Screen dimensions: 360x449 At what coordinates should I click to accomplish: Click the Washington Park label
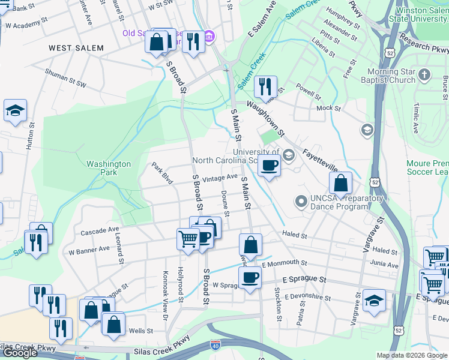109,168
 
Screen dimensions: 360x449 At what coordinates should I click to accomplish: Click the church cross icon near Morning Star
424,75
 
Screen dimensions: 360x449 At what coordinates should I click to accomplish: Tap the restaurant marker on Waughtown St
265,86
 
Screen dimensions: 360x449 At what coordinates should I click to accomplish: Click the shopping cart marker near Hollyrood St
188,239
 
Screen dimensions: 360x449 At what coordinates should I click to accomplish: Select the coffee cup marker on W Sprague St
250,277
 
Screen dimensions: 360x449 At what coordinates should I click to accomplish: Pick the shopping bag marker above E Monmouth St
250,244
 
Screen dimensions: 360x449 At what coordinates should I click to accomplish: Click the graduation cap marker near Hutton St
15,110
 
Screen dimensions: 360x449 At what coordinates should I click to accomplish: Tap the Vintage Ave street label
220,178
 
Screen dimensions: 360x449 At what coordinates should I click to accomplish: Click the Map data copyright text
412,355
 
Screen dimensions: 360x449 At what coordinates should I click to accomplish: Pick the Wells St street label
137,331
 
